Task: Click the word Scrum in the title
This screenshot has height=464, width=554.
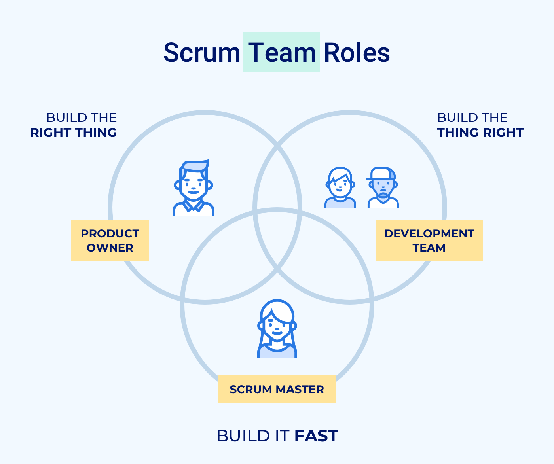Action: point(201,53)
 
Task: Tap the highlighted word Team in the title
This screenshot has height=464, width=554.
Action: point(281,53)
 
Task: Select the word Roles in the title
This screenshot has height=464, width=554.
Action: point(357,53)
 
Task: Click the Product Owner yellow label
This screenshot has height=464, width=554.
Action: point(110,241)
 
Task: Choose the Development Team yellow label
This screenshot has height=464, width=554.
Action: point(429,241)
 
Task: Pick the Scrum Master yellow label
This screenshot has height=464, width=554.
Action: point(277,389)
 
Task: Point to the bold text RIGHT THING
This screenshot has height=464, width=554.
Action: point(74,133)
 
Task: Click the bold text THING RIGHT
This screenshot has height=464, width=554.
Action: point(480,133)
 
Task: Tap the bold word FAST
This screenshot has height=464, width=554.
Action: point(316,436)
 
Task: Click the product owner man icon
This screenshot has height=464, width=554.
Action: point(193,188)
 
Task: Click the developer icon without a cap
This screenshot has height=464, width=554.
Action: point(340,188)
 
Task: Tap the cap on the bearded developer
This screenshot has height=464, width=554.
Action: point(382,173)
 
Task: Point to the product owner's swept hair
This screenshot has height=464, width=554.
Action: point(195,165)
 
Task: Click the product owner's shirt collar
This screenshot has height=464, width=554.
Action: point(194,206)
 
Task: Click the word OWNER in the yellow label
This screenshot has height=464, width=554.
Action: point(110,248)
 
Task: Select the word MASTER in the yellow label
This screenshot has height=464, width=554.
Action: point(300,389)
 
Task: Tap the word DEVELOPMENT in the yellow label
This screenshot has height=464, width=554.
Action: point(429,233)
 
